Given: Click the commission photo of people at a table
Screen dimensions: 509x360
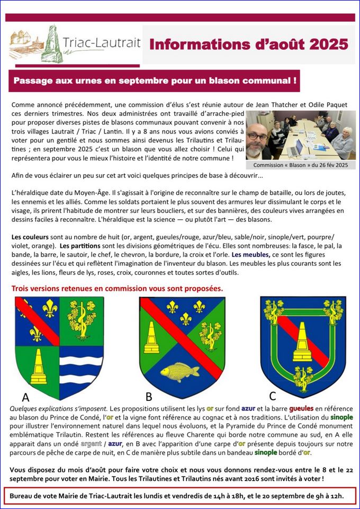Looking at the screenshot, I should coord(300,135).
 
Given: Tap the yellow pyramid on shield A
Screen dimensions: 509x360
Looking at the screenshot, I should coord(39,366).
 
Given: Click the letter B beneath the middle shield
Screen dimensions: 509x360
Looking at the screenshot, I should coord(149,396).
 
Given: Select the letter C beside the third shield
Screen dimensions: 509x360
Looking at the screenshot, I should coord(272,396).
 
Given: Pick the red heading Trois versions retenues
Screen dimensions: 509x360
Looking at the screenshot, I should coord(117,289).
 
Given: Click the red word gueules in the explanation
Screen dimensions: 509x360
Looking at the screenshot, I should coord(302,409).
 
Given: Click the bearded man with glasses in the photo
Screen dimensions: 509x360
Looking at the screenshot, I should coord(259,140).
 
